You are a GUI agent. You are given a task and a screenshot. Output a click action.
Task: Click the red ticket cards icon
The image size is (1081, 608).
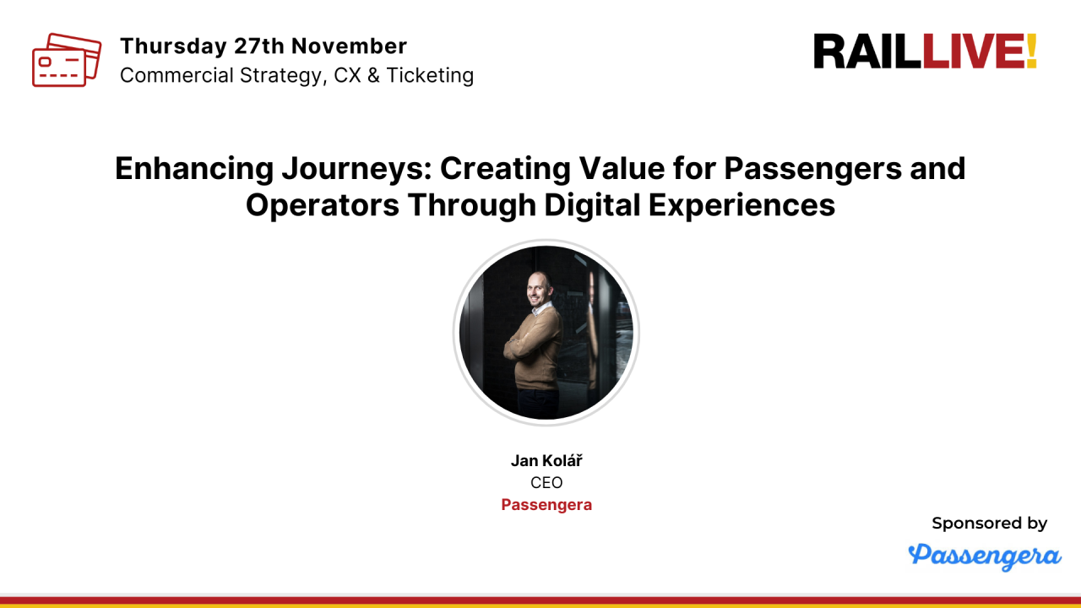click(x=66, y=60)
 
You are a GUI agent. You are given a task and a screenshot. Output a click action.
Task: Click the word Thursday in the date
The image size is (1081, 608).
click(x=174, y=46)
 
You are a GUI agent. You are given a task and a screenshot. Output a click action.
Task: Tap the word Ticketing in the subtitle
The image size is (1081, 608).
click(x=430, y=76)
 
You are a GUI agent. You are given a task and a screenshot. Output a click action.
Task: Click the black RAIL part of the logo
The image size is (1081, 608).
click(x=867, y=52)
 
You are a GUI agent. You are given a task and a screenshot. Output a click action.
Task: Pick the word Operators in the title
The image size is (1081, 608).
click(x=322, y=205)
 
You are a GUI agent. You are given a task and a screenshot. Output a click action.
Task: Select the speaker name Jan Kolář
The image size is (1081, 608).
click(x=546, y=460)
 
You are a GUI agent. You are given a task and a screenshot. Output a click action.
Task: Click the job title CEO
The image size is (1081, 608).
click(x=546, y=483)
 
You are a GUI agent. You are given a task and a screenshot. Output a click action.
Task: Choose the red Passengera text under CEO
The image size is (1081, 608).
click(x=546, y=505)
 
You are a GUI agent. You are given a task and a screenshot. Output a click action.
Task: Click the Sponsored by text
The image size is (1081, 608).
click(x=989, y=524)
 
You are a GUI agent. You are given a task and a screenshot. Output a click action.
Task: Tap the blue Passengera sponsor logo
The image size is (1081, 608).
click(x=984, y=556)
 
